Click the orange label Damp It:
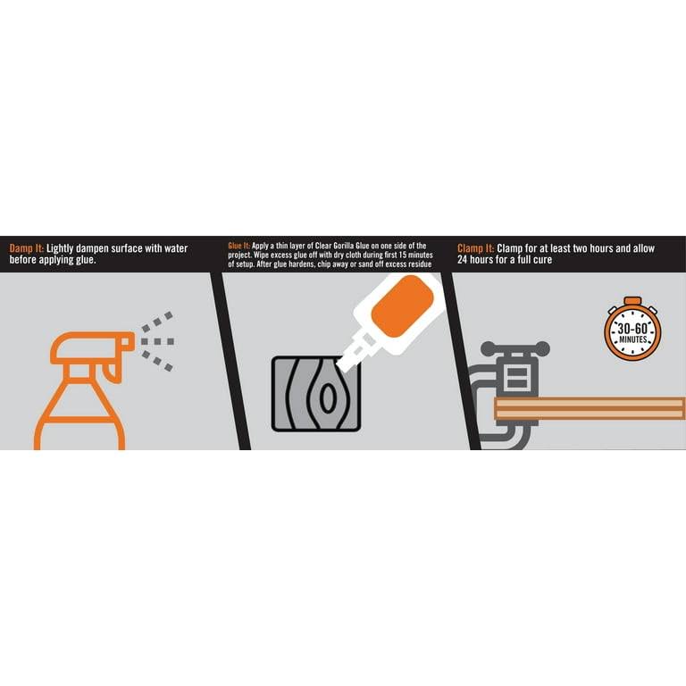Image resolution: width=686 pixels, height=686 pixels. point(26,249)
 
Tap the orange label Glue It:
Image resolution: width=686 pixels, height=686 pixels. point(238,246)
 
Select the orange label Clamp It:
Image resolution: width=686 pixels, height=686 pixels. point(475,249)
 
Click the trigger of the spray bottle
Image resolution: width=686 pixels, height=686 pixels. point(112,371)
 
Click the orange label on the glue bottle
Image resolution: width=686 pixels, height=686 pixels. point(402,306)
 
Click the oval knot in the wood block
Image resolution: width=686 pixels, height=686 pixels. point(327,397)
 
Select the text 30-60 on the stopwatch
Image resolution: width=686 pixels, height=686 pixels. point(632,329)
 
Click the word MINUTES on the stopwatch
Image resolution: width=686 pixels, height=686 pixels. point(632,339)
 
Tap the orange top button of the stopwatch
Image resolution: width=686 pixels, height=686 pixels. point(632,301)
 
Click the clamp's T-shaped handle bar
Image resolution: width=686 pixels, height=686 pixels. point(514,348)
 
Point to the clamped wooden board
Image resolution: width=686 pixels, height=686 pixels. point(590,408)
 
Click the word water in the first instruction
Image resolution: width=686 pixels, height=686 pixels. point(176,248)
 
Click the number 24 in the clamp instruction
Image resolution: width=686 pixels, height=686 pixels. point(463,260)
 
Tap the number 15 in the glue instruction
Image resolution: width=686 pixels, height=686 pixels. point(403,255)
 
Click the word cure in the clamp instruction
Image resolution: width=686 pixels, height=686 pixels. point(542,260)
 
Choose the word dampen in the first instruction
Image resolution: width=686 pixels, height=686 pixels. point(92,249)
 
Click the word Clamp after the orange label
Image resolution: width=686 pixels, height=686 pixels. point(510,249)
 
